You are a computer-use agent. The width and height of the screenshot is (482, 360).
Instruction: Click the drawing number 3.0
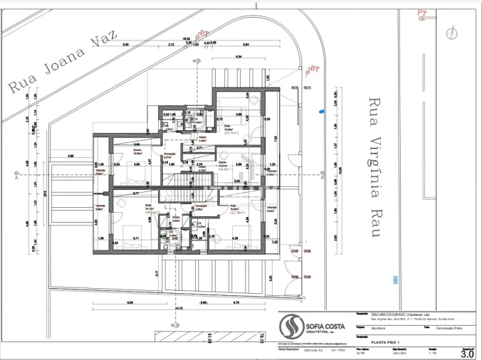click(467, 353)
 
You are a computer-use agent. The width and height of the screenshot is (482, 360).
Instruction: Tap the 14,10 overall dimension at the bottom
click(173, 307)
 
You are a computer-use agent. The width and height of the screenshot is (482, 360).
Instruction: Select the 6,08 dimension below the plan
click(130, 302)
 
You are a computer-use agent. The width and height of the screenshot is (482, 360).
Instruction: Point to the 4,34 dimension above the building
click(239, 56)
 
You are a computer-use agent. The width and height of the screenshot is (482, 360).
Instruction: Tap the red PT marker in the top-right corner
click(422, 12)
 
